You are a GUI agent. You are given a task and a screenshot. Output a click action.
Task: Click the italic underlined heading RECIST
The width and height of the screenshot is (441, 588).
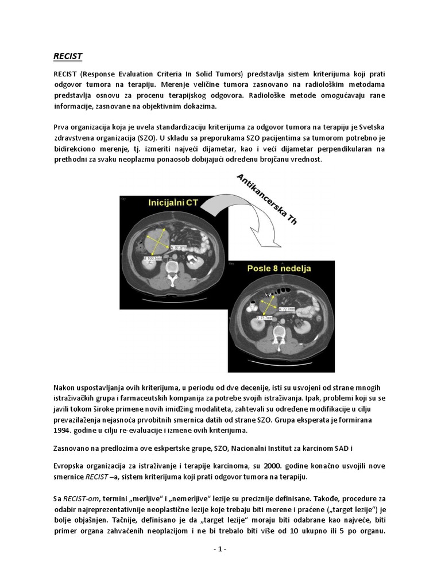pyautogui.click(x=67, y=56)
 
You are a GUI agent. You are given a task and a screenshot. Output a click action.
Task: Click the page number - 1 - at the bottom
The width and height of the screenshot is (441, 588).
pyautogui.click(x=220, y=549)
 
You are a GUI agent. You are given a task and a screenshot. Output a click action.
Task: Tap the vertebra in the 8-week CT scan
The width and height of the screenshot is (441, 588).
pyautogui.click(x=279, y=334)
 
